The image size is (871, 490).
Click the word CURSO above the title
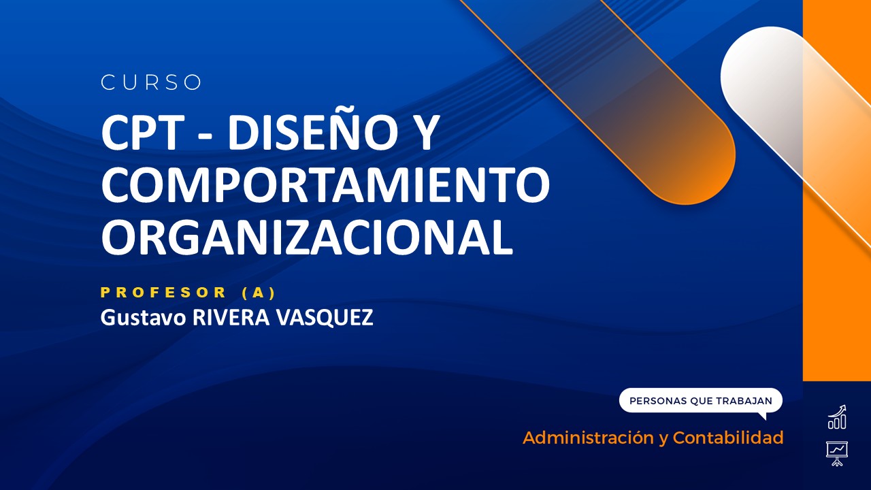(x=151, y=82)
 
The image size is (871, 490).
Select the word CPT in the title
(x=139, y=134)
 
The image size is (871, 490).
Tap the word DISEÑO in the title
(x=314, y=134)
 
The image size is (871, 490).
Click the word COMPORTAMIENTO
(x=325, y=185)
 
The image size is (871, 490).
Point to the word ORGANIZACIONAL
(x=307, y=237)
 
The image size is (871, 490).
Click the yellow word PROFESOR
(x=163, y=293)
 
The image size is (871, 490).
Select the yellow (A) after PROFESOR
(x=259, y=293)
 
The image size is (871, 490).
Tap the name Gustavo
(x=143, y=318)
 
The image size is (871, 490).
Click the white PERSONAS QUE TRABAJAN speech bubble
(x=700, y=401)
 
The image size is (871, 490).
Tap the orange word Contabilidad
(x=727, y=438)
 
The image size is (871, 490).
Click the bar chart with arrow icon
(x=837, y=417)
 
